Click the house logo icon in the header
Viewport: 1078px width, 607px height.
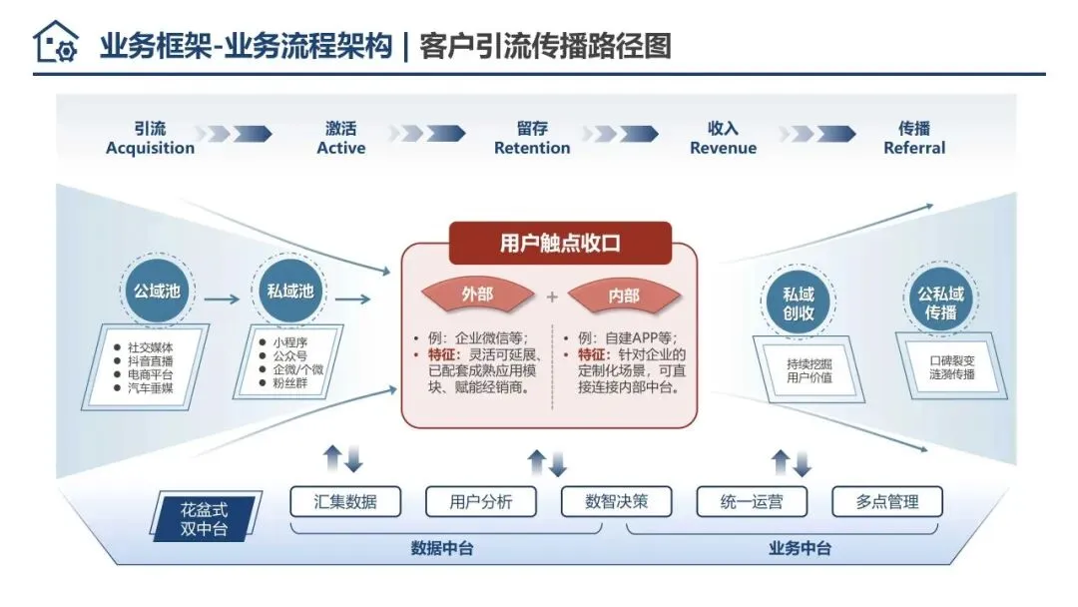point(55,43)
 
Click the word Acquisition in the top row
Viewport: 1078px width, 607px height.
point(150,149)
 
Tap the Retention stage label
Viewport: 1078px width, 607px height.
point(532,149)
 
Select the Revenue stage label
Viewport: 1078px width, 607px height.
point(723,149)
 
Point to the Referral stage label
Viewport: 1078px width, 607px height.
point(914,149)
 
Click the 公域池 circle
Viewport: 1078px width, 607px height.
point(157,292)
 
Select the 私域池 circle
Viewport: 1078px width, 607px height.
point(289,292)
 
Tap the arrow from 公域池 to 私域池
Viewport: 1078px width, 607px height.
point(221,298)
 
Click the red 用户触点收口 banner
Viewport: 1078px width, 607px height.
point(560,243)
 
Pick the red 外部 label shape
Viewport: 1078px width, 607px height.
point(477,295)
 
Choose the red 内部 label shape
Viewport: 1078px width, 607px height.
point(623,295)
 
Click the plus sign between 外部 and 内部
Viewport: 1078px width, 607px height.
point(551,296)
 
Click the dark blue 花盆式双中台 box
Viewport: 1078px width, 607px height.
point(206,518)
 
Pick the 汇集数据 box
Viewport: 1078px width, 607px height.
point(345,501)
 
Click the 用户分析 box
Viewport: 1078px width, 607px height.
point(481,501)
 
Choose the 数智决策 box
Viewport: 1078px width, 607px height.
point(616,501)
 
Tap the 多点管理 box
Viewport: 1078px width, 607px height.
point(886,501)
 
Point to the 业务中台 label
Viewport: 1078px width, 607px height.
point(800,548)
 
